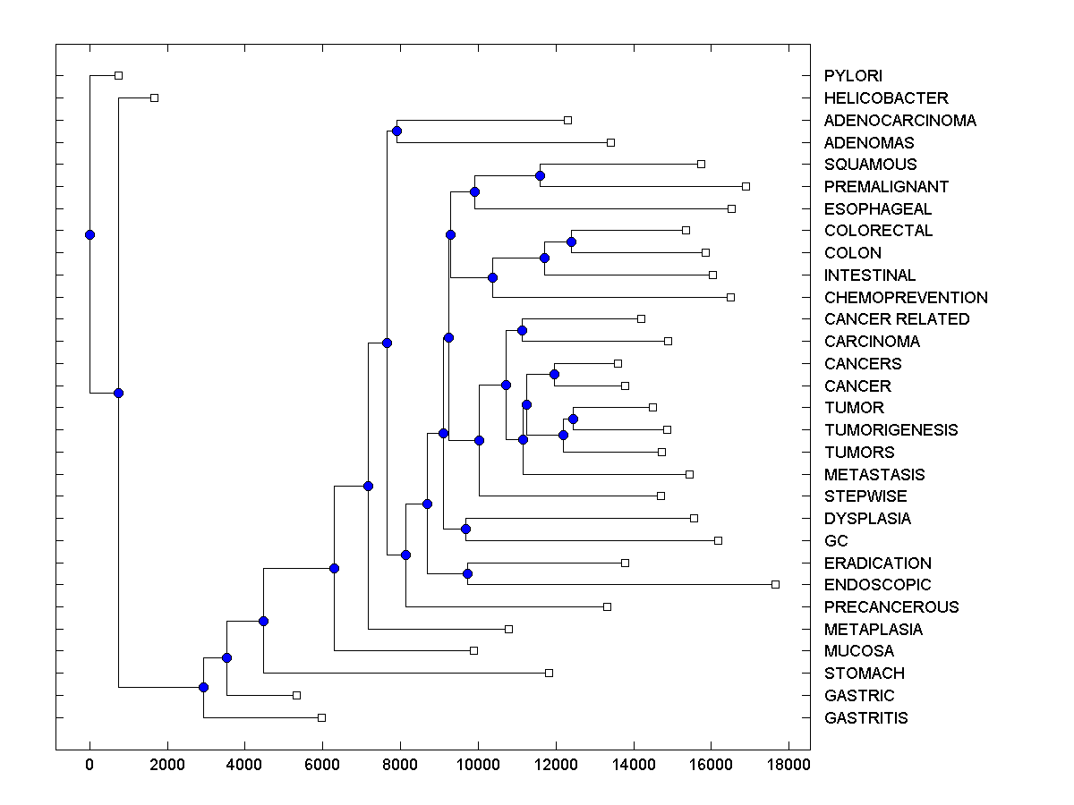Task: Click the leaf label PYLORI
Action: pyautogui.click(x=853, y=76)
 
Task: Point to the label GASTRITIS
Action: pyautogui.click(x=865, y=718)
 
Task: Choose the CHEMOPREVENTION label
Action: pyautogui.click(x=906, y=298)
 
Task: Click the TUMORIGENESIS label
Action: pyautogui.click(x=891, y=430)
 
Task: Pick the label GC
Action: pyautogui.click(x=836, y=541)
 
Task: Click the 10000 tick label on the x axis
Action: pyautogui.click(x=478, y=766)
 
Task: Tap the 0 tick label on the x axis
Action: pyautogui.click(x=89, y=766)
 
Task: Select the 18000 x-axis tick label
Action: pyautogui.click(x=789, y=766)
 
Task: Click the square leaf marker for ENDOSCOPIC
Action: pyautogui.click(x=775, y=584)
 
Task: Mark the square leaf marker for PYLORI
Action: pyautogui.click(x=118, y=75)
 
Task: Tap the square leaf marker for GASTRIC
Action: pyautogui.click(x=296, y=695)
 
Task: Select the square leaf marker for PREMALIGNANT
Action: pyautogui.click(x=746, y=186)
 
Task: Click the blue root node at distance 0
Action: pyautogui.click(x=89, y=234)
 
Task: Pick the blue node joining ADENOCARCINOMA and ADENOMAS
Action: pyautogui.click(x=396, y=131)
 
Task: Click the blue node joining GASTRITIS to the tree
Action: pyautogui.click(x=203, y=687)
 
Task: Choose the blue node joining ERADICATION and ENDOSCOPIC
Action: pyautogui.click(x=467, y=573)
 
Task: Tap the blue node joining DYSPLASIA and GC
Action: pyautogui.click(x=465, y=529)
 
